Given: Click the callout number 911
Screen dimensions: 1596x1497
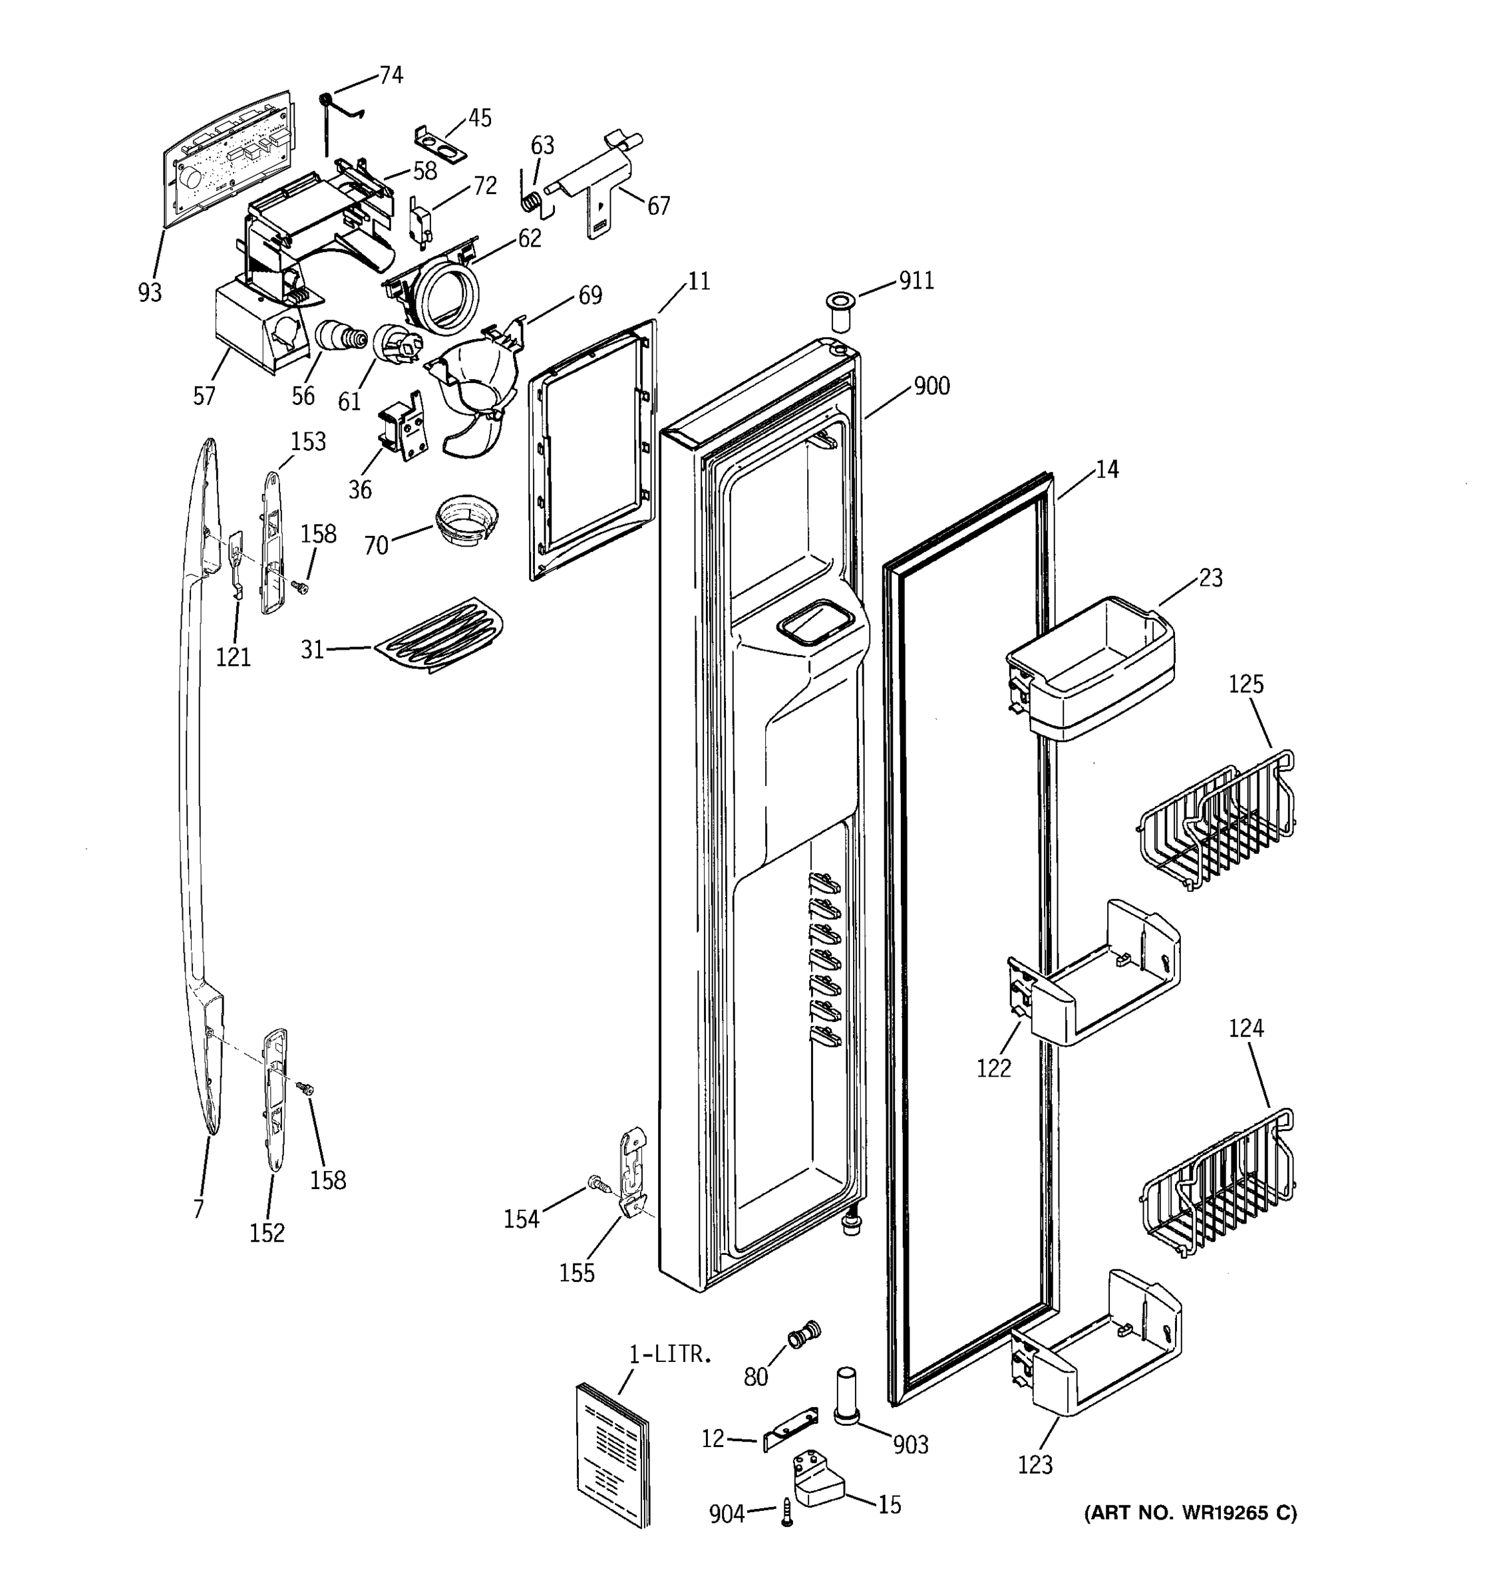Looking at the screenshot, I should click(x=915, y=281).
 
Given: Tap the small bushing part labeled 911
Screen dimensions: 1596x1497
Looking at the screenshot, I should click(x=839, y=311).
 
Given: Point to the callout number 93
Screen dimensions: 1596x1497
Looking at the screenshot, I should click(x=150, y=292).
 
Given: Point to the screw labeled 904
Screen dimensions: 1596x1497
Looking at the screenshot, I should click(x=786, y=1516).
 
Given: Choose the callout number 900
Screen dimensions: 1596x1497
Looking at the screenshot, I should click(x=931, y=386).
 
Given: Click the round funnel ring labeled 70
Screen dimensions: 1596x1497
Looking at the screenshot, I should click(x=466, y=522).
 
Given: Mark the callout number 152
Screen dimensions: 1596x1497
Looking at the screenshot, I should click(x=267, y=1232).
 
